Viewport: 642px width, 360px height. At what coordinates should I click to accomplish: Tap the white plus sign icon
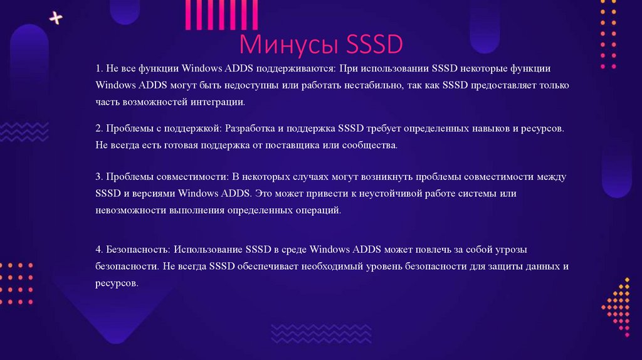click(x=56, y=18)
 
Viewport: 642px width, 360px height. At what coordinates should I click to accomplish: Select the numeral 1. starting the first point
click(x=99, y=68)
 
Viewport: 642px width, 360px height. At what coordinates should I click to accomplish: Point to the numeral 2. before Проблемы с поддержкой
click(x=99, y=128)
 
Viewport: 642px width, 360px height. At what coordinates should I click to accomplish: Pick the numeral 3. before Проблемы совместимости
click(x=99, y=177)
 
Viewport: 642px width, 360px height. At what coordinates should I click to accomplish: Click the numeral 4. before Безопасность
click(x=99, y=249)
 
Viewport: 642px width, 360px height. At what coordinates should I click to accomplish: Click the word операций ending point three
click(x=319, y=211)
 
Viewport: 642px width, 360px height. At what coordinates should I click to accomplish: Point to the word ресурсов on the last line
click(x=116, y=283)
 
